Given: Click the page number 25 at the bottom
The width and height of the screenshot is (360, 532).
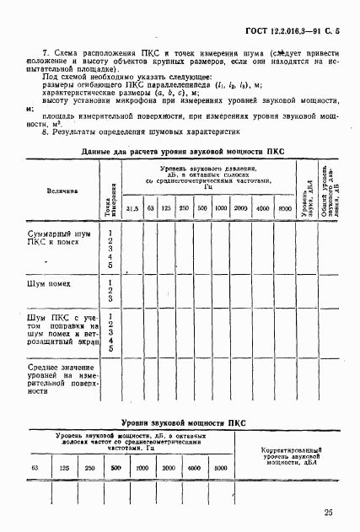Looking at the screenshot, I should coord(327,512).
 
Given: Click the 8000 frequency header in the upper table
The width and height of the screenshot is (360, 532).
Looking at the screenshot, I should coord(284,207).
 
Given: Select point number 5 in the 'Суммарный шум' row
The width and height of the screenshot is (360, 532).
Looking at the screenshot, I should coord(110,265).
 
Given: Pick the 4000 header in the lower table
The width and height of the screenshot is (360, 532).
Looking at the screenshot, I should coord(195,467).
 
